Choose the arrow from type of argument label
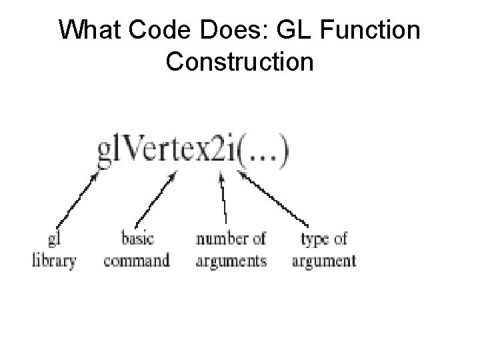click(x=275, y=197)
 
